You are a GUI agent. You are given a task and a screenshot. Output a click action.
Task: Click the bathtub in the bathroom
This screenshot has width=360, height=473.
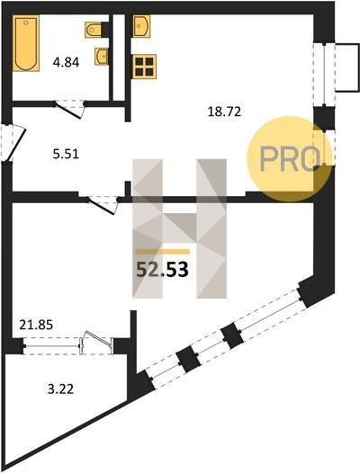coord(26,43)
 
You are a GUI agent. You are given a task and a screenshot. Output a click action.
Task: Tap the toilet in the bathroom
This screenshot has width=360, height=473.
coord(95,30)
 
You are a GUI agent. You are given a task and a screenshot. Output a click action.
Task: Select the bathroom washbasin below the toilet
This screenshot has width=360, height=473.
coord(102,56)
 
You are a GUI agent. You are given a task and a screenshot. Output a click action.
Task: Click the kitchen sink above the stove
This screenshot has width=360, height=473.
coord(141,26)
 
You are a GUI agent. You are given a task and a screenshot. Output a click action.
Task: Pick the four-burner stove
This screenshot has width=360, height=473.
coord(144,67)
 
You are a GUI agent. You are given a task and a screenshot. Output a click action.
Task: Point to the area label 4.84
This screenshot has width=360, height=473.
coord(66,63)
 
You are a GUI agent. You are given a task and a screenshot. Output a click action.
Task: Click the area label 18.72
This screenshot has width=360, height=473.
coord(224,112)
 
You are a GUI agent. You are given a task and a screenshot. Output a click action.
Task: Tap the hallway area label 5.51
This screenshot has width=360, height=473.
coord(66,154)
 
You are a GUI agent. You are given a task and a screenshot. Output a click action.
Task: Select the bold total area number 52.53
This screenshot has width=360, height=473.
coord(163,270)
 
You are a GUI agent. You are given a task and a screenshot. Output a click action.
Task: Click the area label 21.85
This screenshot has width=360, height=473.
coord(36,325)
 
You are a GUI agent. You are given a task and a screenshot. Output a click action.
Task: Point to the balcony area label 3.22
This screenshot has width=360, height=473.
coord(60,389)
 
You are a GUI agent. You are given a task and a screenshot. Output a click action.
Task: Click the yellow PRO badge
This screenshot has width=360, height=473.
coord(290,159)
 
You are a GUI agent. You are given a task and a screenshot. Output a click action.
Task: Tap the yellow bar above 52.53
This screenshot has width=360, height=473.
coord(163,252)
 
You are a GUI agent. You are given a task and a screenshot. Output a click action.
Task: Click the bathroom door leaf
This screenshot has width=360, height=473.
coord(69,111)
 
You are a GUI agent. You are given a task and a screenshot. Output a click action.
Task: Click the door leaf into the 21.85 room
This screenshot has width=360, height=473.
coord(102,205)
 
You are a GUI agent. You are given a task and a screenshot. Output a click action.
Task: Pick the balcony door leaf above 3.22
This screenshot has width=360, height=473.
coord(97,338)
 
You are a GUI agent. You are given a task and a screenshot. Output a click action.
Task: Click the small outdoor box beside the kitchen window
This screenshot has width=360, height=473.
coord(347,67)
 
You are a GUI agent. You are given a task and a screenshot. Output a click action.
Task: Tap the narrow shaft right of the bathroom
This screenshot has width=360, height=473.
coord(119,58)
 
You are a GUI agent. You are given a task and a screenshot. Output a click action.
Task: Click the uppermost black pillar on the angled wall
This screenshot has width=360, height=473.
coord(309,293)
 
